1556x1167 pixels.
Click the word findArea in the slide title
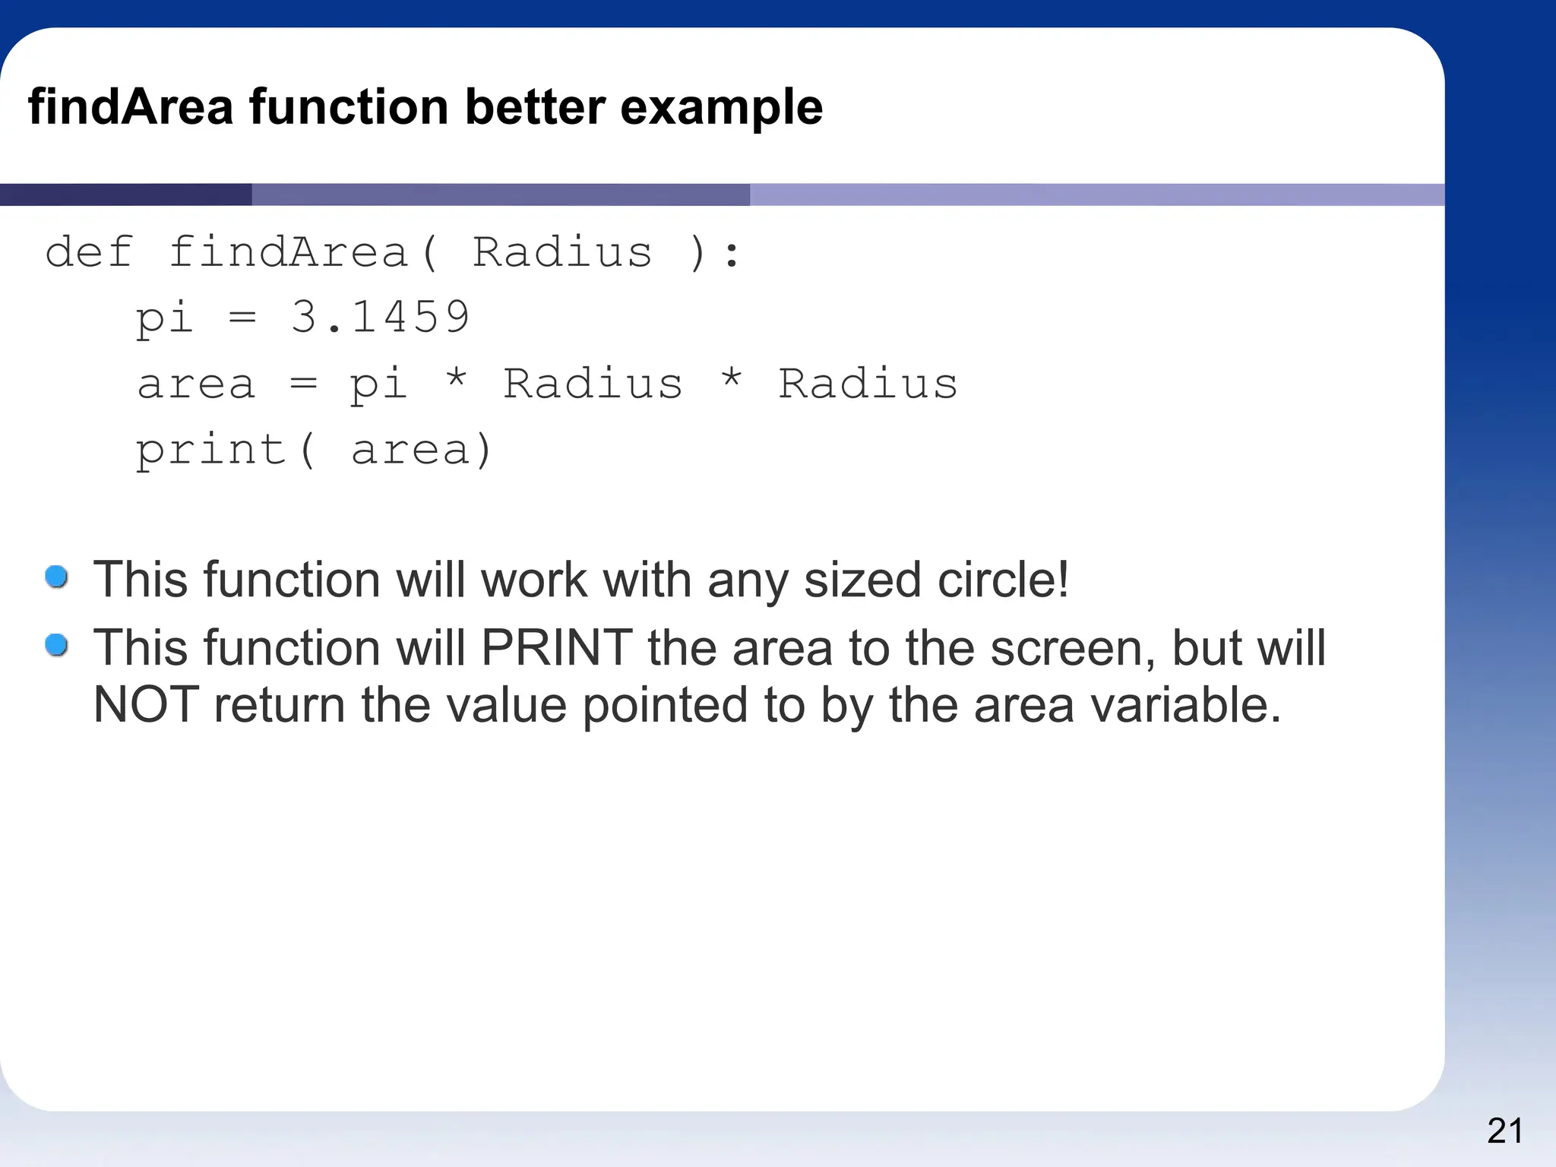tap(130, 106)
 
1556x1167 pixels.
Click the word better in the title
tap(535, 106)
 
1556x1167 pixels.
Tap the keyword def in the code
tap(89, 252)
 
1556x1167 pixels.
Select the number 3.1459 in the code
tap(380, 317)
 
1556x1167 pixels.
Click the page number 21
tap(1504, 1131)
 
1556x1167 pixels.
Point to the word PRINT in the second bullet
tap(556, 648)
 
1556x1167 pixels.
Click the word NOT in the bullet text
tap(145, 704)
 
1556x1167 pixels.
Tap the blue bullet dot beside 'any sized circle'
tap(57, 577)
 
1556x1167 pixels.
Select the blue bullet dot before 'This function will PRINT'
tap(57, 646)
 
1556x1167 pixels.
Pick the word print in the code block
tap(210, 450)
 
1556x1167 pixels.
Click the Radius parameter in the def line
tap(562, 252)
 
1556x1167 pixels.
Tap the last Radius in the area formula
tap(868, 383)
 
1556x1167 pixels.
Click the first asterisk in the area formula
tap(456, 378)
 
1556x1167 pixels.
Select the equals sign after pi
tap(242, 318)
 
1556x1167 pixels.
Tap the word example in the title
tap(721, 106)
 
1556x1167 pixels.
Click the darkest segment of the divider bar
tap(125, 194)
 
